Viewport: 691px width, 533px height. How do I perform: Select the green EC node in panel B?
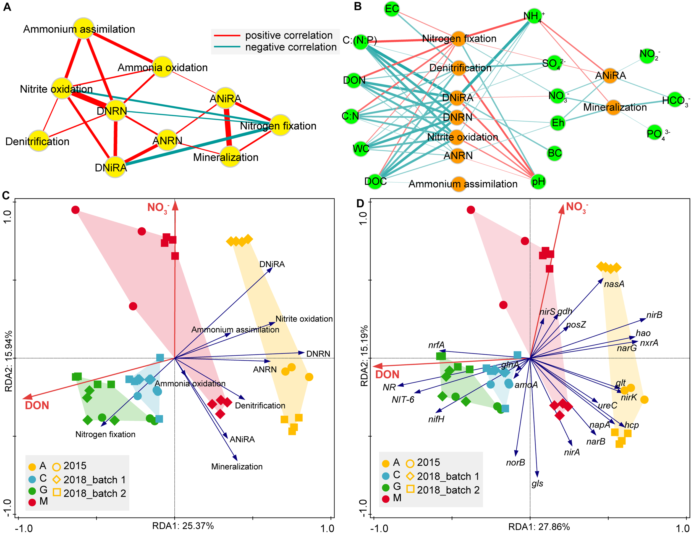(x=392, y=9)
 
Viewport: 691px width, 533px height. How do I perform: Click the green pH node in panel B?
(x=538, y=181)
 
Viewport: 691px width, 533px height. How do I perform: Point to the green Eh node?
(x=557, y=122)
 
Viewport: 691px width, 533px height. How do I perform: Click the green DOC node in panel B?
(x=375, y=181)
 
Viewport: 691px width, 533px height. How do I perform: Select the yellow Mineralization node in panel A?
(x=230, y=157)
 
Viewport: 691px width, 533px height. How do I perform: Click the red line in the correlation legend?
(x=227, y=36)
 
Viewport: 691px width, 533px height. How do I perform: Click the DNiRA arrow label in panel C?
(x=272, y=264)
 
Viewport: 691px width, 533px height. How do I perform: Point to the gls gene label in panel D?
(x=537, y=483)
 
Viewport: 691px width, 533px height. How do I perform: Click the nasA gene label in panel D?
(x=614, y=284)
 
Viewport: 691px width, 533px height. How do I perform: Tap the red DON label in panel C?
(x=37, y=406)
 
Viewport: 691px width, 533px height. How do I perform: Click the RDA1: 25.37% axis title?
(x=183, y=526)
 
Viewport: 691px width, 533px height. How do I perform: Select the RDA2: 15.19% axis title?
(x=364, y=356)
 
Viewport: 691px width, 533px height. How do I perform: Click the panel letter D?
(x=360, y=203)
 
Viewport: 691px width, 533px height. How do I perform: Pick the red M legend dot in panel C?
(x=32, y=502)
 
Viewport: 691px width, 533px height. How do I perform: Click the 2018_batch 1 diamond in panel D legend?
(x=410, y=476)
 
